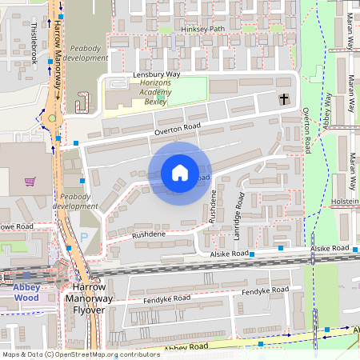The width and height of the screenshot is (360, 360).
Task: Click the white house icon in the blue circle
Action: point(179,173)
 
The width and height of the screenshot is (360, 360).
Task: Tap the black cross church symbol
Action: point(283,99)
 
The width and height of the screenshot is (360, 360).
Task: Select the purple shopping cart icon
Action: point(30,182)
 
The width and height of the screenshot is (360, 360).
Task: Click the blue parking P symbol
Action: point(85,238)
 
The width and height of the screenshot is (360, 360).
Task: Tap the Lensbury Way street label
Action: point(157,75)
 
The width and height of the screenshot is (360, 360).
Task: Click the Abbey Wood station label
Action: point(26,293)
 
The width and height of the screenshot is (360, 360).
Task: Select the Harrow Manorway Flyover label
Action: point(85,298)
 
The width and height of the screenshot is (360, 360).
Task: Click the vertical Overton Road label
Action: point(306,131)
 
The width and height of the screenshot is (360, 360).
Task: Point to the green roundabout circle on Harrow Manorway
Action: point(53,119)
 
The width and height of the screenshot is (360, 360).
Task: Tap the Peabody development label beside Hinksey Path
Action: point(85,53)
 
